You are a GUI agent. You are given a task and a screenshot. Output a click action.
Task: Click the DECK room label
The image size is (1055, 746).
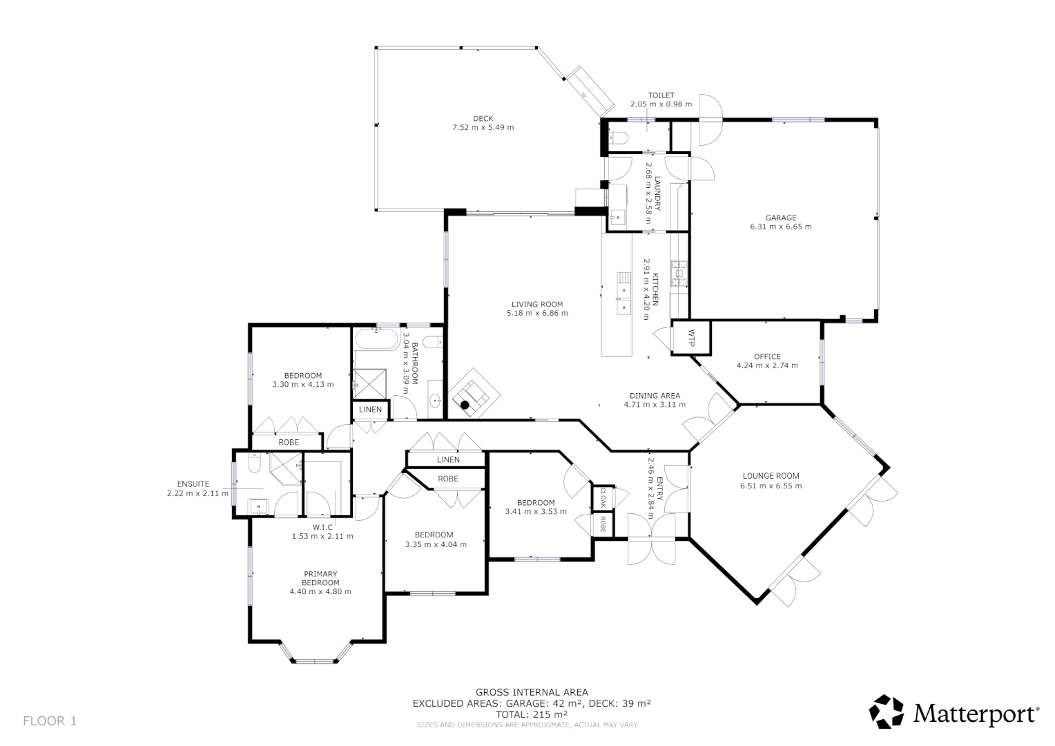[483, 118]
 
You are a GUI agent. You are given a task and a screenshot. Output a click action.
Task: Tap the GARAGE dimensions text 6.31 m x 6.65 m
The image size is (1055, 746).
[780, 227]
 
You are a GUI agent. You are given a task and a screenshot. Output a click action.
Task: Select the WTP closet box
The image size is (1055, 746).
[692, 338]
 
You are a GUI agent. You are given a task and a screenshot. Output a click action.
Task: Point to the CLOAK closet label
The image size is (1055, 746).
[602, 496]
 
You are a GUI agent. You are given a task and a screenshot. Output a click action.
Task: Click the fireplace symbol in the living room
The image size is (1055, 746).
[472, 397]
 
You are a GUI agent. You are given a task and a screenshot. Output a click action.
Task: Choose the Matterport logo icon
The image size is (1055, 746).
[886, 711]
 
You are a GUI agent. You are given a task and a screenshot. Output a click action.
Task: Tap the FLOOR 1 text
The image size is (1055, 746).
[50, 721]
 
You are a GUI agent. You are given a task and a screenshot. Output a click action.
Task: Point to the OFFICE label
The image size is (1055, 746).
[766, 356]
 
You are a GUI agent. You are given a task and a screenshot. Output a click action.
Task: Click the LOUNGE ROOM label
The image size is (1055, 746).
[771, 475]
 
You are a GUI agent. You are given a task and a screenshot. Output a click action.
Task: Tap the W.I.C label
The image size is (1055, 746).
[322, 527]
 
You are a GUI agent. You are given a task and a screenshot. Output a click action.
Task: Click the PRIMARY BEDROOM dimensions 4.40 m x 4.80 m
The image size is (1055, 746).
[320, 591]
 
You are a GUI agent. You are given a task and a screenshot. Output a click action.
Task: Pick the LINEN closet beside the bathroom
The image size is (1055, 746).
[370, 410]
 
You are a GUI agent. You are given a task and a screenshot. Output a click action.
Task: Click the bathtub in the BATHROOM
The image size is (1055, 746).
[377, 340]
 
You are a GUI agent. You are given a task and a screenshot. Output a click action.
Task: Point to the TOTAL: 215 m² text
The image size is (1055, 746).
[531, 714]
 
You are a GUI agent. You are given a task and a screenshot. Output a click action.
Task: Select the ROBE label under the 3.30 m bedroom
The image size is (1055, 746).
[288, 442]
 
